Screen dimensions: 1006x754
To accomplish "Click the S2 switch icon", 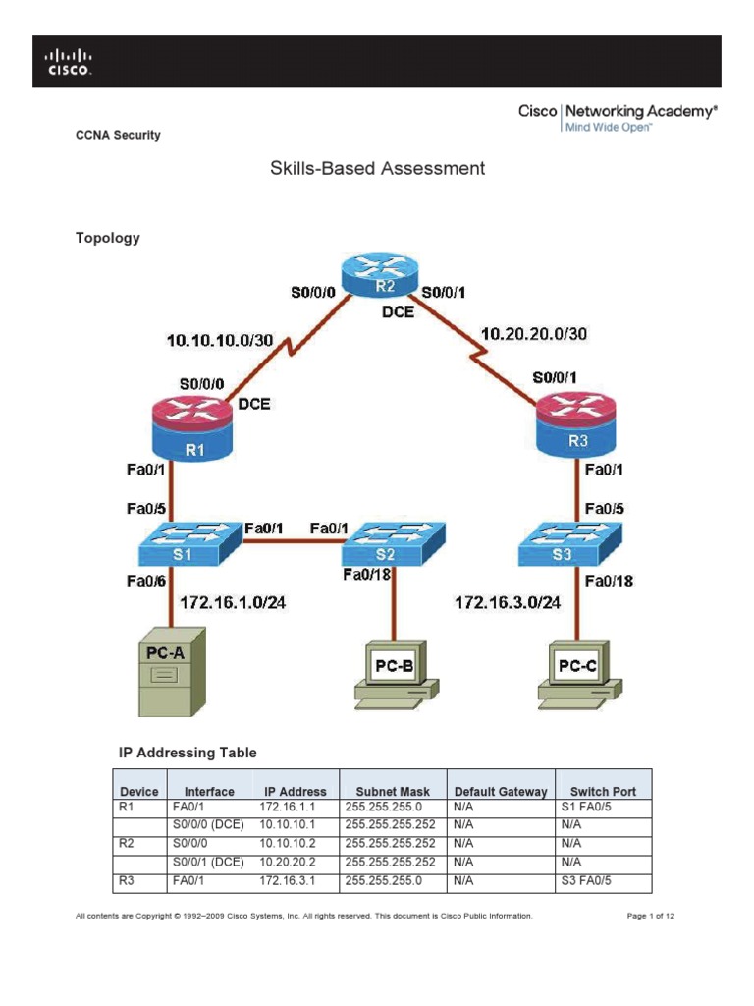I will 397,542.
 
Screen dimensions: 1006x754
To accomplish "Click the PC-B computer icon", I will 395,673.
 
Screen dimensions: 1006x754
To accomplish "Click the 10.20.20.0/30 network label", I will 533,334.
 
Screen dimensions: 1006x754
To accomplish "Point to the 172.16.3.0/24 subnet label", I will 508,601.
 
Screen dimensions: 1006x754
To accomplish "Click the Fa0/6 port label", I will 144,582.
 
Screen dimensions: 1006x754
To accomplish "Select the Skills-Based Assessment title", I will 377,168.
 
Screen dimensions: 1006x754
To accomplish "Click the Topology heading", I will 108,238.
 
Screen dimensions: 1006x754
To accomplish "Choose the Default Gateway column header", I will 500,791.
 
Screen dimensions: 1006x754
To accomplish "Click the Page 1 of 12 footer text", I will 650,916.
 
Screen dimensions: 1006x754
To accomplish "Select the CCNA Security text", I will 119,135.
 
